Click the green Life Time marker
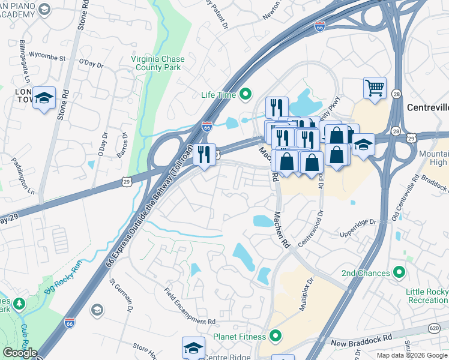[x=245, y=94]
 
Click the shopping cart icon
[x=375, y=88]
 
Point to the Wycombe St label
[x=47, y=58]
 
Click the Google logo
[x=19, y=353]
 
